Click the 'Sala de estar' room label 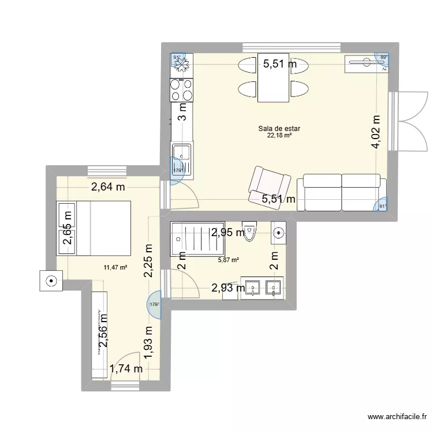279,129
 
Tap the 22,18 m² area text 279,136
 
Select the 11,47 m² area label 115,267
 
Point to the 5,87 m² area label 227,260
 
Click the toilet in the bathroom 249,232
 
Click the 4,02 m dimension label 377,132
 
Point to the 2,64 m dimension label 109,186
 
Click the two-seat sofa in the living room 341,193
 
